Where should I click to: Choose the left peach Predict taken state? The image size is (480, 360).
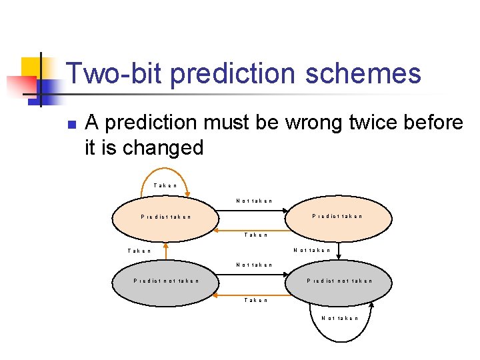tap(166, 217)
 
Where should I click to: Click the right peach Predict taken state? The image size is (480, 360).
tap(338, 216)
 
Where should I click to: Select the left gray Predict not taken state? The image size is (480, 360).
tap(166, 281)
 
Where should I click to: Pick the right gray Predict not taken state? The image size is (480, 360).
tap(339, 281)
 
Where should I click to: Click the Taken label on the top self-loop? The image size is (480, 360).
tap(165, 185)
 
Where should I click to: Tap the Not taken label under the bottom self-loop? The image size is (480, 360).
tap(339, 318)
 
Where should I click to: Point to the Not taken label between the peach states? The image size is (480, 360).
tap(254, 201)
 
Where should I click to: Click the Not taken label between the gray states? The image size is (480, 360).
tap(254, 265)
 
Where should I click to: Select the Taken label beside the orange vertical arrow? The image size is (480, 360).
tap(139, 251)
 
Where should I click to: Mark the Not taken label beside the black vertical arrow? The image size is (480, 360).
tap(312, 250)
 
